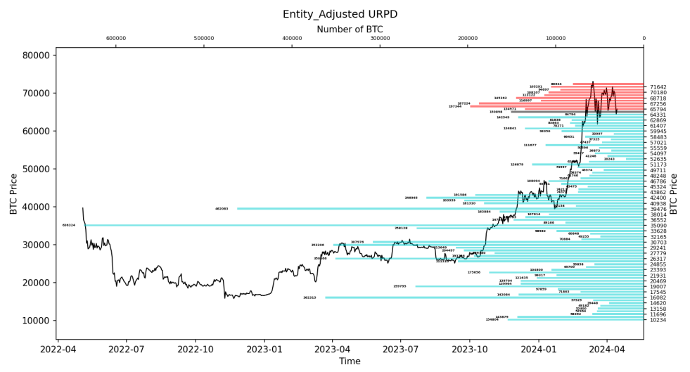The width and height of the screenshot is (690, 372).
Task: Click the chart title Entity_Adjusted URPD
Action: (x=345, y=14)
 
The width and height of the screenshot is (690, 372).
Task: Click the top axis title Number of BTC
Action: (x=350, y=30)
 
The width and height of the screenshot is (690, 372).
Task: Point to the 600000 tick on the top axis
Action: (x=116, y=39)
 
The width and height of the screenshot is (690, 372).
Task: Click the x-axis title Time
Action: (x=350, y=361)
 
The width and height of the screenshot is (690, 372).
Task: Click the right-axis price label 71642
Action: (x=658, y=87)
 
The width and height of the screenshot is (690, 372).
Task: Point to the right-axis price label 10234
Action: (x=658, y=320)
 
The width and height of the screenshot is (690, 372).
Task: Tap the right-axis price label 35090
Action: (x=658, y=226)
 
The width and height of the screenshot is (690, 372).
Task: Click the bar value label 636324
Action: (x=68, y=225)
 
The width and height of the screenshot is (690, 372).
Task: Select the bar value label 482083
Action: (x=222, y=209)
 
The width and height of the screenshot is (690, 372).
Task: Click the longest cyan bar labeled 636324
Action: (x=352, y=225)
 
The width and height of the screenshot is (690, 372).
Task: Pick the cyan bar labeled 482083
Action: (x=422, y=209)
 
